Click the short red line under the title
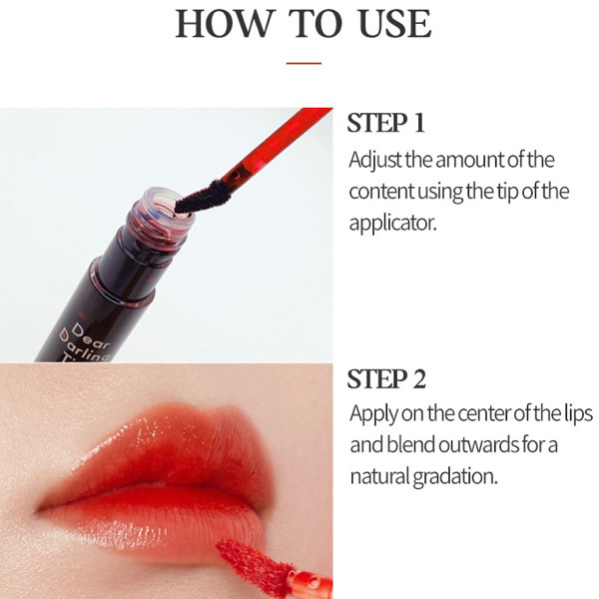[303, 63]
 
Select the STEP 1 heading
[385, 123]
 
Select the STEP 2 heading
[386, 379]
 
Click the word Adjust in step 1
[375, 161]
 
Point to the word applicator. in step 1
[392, 223]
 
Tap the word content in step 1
[381, 192]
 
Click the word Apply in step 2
[373, 414]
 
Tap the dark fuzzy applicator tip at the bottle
[203, 197]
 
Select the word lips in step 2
[578, 414]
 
